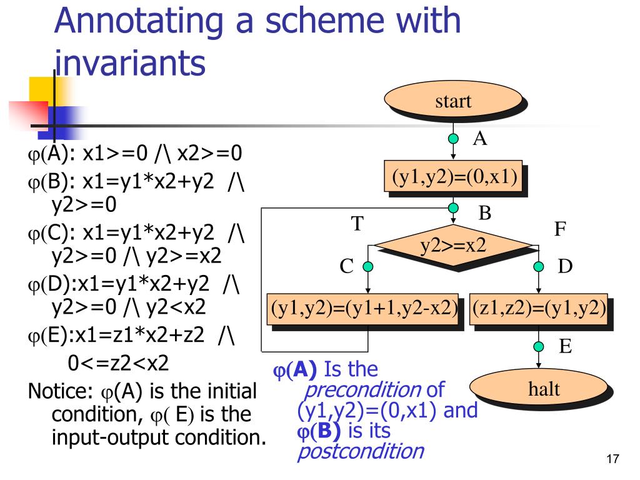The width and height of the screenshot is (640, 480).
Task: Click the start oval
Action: (452, 101)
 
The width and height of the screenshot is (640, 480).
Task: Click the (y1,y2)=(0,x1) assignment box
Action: (454, 177)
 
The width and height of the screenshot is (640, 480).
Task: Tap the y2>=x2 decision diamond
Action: (453, 246)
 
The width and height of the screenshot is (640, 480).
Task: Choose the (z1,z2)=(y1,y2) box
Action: (539, 309)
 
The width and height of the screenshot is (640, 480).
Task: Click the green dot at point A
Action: (454, 139)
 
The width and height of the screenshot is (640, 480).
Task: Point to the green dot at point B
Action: (454, 208)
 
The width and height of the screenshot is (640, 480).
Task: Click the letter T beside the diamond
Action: (357, 224)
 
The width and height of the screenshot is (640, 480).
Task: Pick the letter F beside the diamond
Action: (560, 229)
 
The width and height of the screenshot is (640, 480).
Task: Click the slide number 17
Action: (612, 460)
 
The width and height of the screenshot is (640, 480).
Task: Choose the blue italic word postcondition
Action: (360, 450)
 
